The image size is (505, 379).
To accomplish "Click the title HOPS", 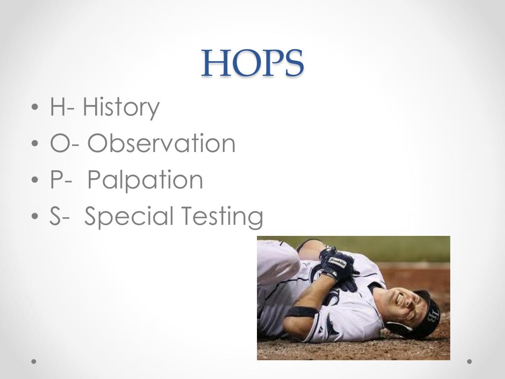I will tap(252, 64).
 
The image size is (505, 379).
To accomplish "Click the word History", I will tap(121, 107).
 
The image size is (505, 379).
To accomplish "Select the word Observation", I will tap(162, 144).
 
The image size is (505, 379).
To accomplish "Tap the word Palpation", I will tap(145, 180).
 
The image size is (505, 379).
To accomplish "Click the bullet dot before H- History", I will tap(34, 108).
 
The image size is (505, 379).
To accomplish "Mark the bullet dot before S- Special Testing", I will tap(34, 218).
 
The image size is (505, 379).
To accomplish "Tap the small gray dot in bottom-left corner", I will tap(34, 361).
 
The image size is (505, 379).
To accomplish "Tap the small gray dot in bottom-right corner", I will tap(469, 361).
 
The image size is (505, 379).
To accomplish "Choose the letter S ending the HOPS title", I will tap(292, 64).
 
